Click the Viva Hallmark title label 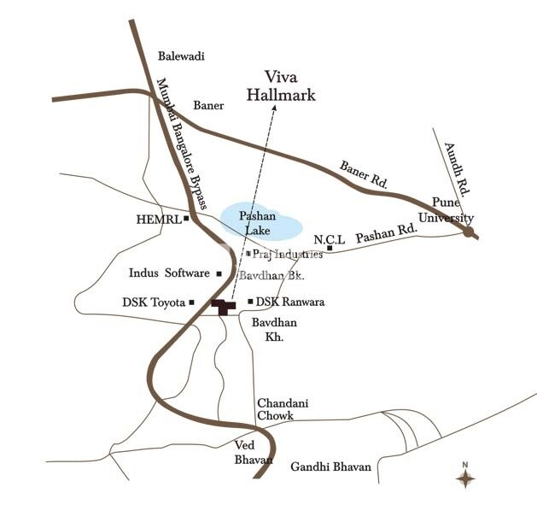tap(281, 86)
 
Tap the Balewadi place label tap(182, 56)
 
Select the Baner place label tap(208, 106)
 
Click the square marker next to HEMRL tap(186, 219)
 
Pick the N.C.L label tap(329, 238)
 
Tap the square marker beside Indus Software tap(219, 273)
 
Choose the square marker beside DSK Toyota tap(192, 302)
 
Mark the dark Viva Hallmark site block tap(223, 306)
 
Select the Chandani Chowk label tap(275, 409)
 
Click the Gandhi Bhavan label tap(330, 467)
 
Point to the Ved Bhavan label tap(254, 453)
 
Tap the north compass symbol tap(465, 477)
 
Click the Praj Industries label tap(288, 254)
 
